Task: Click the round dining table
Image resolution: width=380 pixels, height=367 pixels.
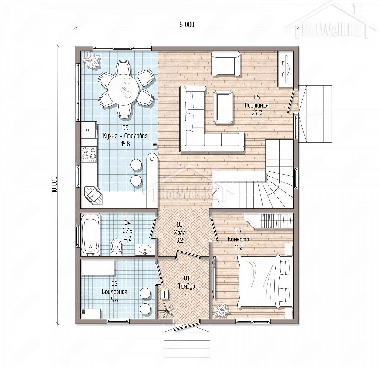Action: pos(123,90)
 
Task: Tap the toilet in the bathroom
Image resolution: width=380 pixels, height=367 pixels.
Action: pos(117,247)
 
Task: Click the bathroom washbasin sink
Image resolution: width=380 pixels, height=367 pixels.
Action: pos(145,250)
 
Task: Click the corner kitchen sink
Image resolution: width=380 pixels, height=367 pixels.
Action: pos(94,196)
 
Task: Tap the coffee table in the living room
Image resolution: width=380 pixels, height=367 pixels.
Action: pos(223,107)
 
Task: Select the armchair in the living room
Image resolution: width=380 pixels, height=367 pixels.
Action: pos(226,64)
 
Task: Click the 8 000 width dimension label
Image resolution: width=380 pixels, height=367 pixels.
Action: pos(187,25)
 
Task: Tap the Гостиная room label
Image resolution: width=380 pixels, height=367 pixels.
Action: pos(256,105)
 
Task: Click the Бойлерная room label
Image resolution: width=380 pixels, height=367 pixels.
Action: pos(114,292)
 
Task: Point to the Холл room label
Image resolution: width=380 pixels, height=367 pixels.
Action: pos(180,233)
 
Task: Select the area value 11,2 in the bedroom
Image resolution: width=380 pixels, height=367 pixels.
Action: pos(238,247)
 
